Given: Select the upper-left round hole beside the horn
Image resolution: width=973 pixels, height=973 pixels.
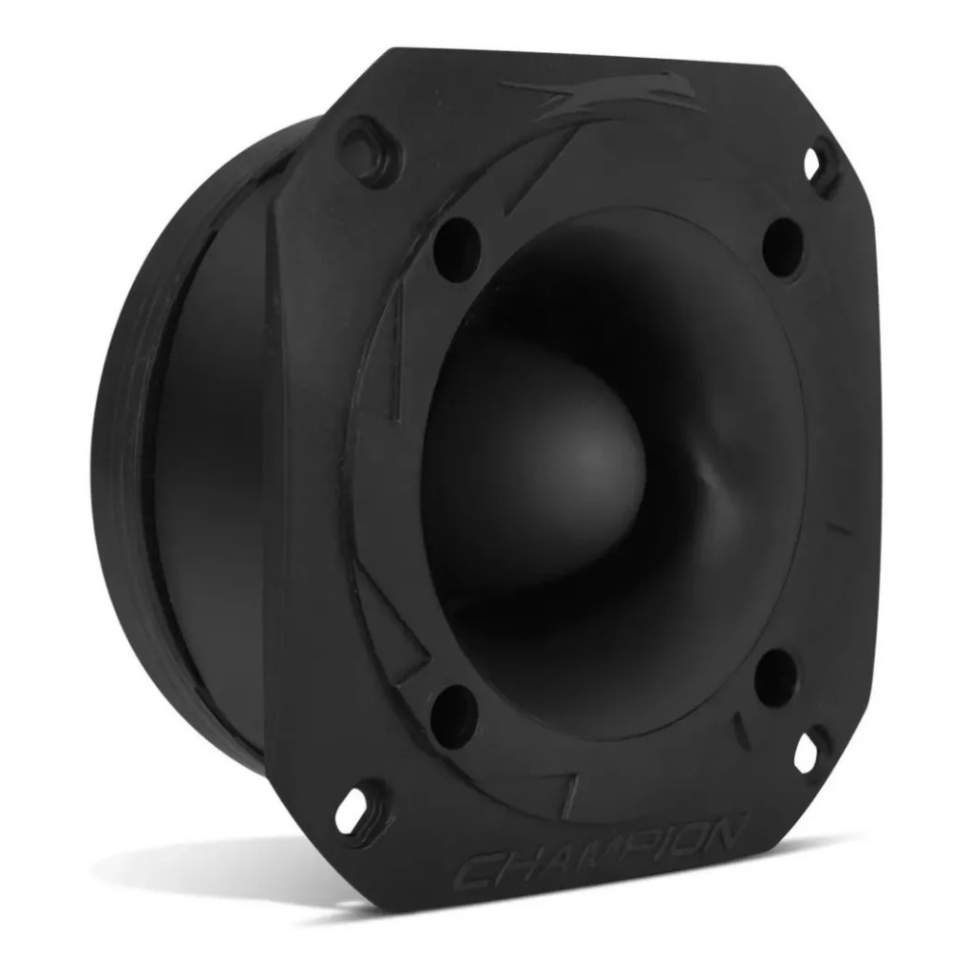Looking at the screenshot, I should pyautogui.click(x=456, y=238).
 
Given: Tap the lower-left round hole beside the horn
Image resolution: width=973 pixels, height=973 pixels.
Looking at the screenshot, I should pyautogui.click(x=450, y=711).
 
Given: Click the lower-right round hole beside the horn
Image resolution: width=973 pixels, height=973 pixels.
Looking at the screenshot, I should pyautogui.click(x=776, y=677).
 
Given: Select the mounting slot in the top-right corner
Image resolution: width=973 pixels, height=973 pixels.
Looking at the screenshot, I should pyautogui.click(x=818, y=162).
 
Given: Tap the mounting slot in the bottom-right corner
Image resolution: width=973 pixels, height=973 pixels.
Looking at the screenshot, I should pyautogui.click(x=809, y=751).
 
